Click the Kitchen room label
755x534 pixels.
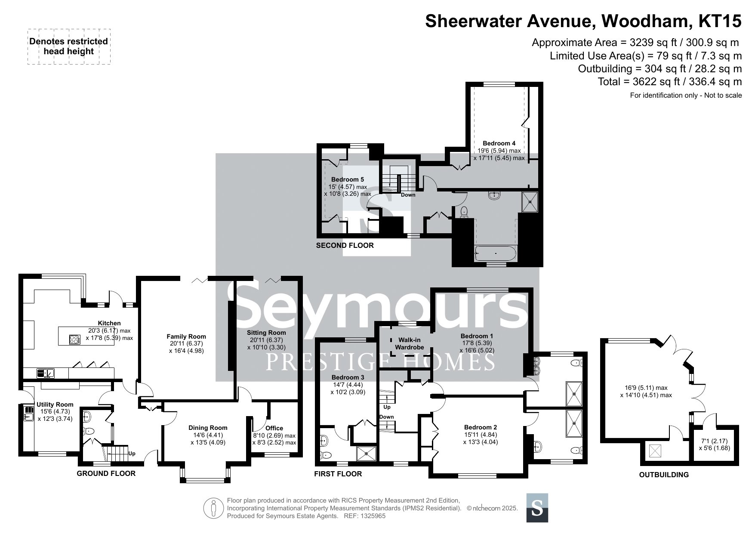point(109,323)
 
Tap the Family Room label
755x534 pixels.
point(186,336)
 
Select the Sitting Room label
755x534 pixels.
point(266,333)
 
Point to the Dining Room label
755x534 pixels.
point(208,428)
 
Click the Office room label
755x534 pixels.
point(274,428)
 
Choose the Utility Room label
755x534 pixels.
point(55,404)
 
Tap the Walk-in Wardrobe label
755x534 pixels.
point(410,343)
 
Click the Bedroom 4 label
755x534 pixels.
point(499,143)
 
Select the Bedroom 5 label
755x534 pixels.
point(348,179)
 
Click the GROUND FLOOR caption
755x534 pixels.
point(106,473)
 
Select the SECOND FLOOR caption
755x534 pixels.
point(345,245)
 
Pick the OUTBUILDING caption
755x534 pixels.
point(664,475)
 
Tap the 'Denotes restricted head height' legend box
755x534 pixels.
point(69,46)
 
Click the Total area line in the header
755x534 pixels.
point(670,81)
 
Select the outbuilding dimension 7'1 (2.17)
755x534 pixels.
point(715,441)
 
